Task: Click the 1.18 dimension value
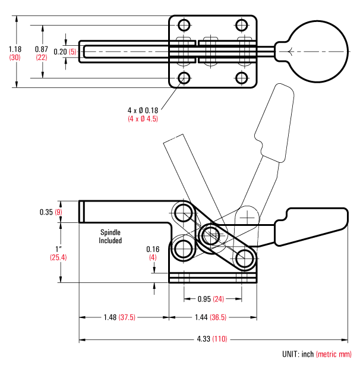(16, 49)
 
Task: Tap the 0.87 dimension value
(42, 49)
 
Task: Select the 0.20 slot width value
(60, 52)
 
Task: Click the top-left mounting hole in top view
(184, 25)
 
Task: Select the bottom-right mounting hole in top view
(241, 78)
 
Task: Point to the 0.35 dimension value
(46, 212)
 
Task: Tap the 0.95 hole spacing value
(204, 299)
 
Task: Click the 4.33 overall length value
(204, 339)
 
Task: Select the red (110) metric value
(221, 339)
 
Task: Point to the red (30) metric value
(16, 57)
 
